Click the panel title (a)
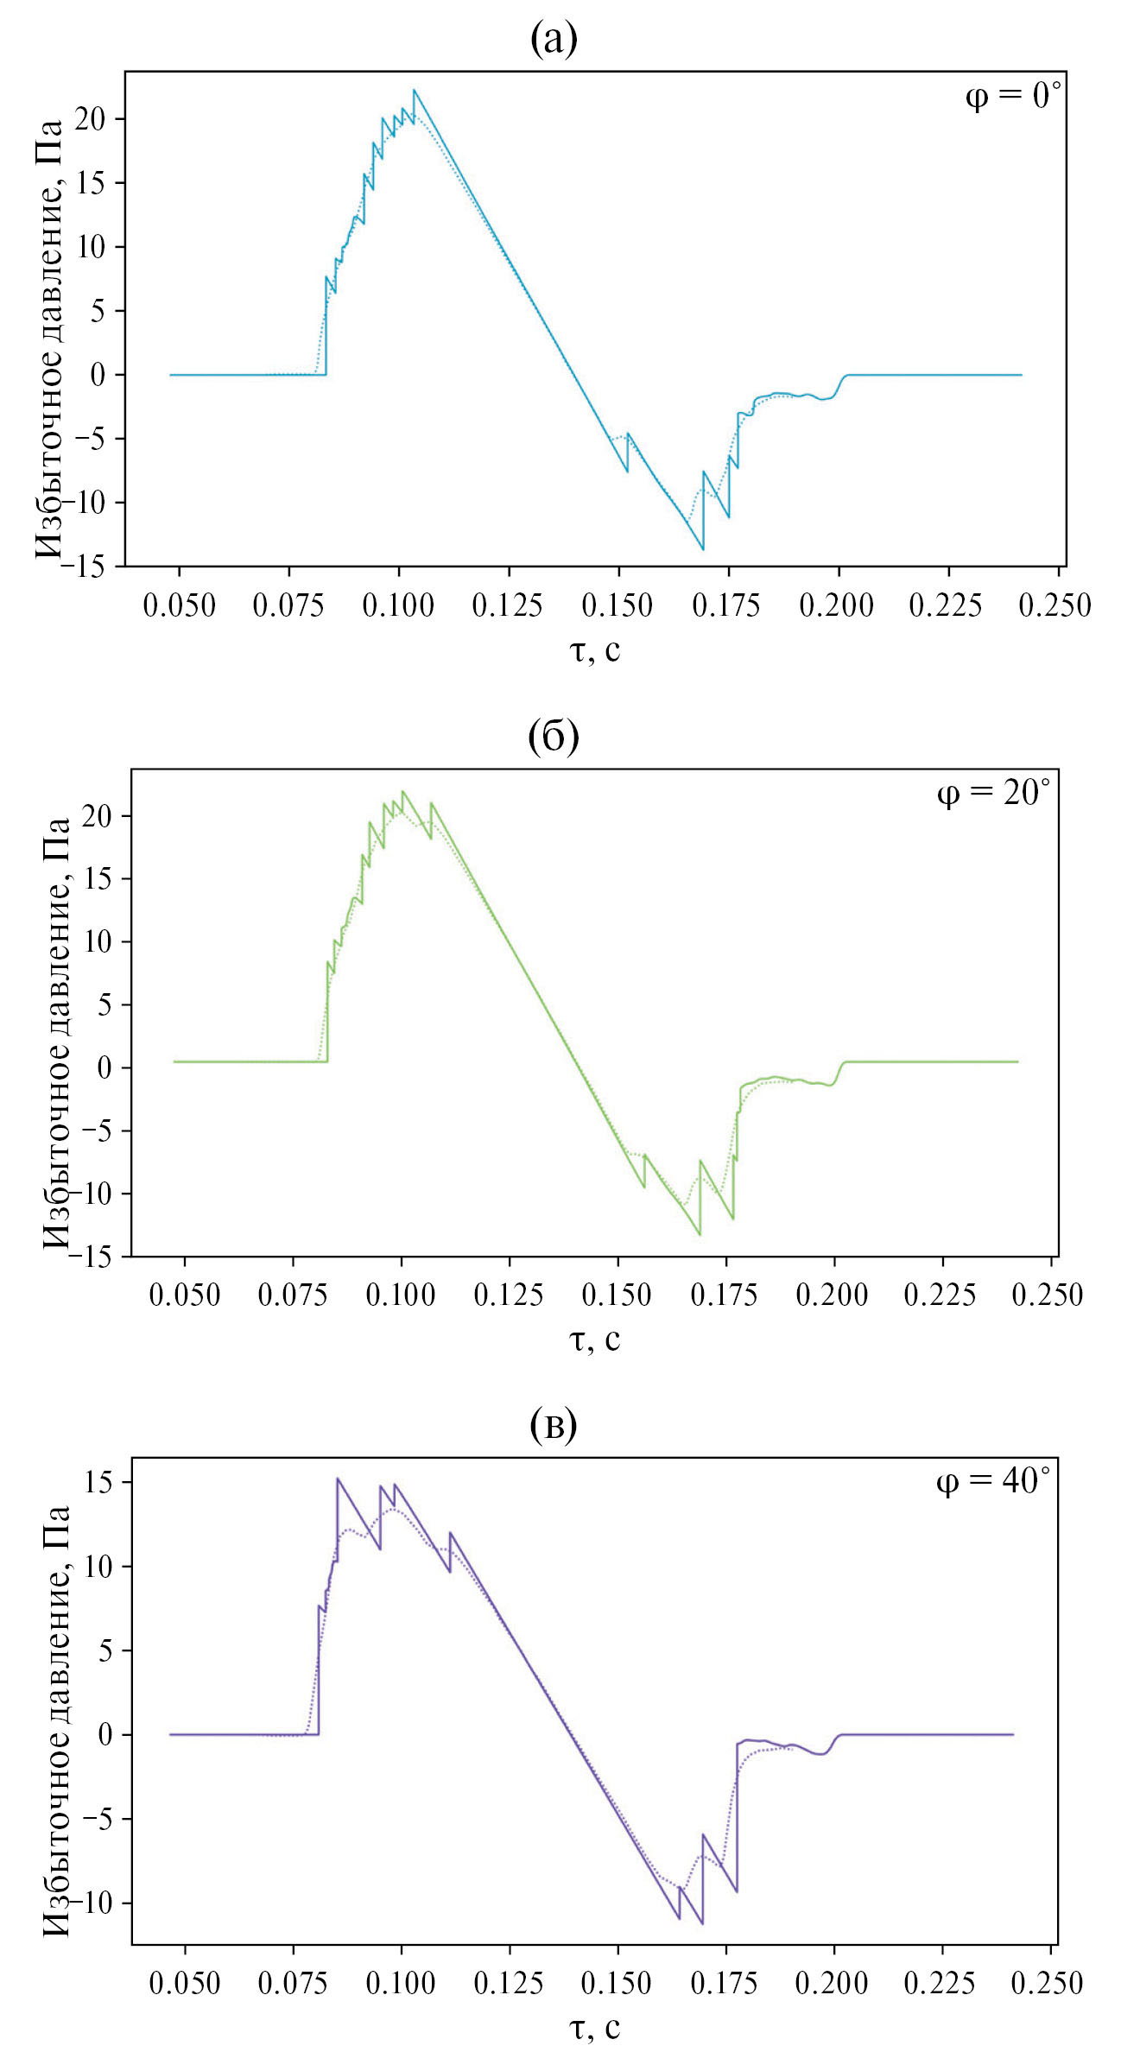coord(554,39)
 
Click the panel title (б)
coord(554,736)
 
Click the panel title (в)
coord(554,1426)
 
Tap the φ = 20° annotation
coord(994,792)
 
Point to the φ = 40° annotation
coord(993,1481)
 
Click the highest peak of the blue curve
coord(414,90)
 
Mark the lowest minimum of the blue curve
coord(703,549)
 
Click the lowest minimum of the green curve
coord(700,1235)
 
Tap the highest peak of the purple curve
coord(338,1479)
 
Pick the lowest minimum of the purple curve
coord(702,1923)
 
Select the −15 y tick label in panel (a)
coord(89,567)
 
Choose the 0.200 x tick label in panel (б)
coord(833,1295)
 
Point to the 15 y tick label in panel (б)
coord(99,878)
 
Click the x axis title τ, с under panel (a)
coord(595,649)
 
